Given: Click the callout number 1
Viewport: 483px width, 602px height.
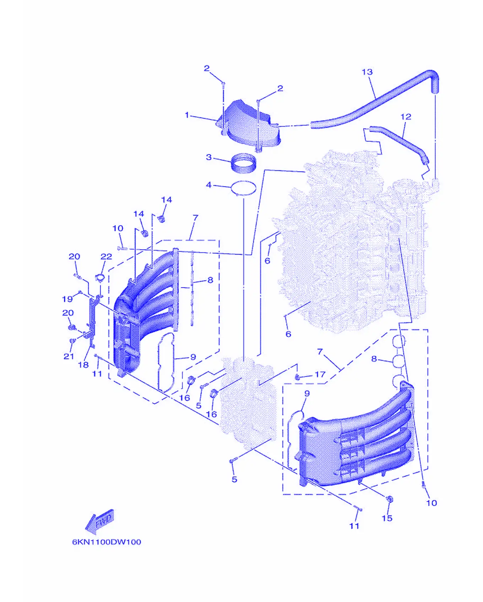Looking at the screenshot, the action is pos(187,115).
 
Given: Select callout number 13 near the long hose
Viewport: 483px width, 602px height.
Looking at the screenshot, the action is pos(367,72).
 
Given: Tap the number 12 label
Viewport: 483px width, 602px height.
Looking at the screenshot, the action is pos(406,117).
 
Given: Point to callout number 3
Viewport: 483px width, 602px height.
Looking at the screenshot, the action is pos(209,157).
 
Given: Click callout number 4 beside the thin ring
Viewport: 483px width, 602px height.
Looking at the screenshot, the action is pos(209,185).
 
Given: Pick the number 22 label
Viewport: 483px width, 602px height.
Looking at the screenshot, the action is pos(106,256).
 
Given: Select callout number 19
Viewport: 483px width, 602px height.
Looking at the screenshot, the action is pos(67,299).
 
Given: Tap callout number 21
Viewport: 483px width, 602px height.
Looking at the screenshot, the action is pos(69,356).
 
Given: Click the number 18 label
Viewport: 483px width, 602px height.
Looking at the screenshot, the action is pos(83,365).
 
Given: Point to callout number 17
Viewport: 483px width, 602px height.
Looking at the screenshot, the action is pos(320,375).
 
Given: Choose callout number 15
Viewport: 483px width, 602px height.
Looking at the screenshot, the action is pos(387,518).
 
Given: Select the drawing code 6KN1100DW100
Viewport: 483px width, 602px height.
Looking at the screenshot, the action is pos(107,542).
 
